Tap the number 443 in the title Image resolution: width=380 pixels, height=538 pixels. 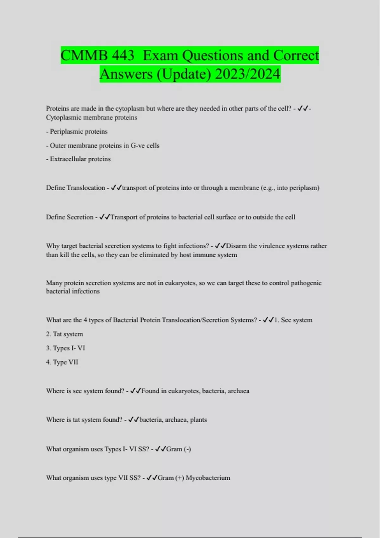123,56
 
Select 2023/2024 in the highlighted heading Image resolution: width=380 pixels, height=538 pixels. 248,74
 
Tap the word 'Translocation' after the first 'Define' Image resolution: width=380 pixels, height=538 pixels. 86,188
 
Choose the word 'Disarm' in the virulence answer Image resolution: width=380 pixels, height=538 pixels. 236,246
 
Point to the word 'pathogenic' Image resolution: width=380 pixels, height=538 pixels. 306,283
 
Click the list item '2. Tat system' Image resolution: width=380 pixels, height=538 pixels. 65,334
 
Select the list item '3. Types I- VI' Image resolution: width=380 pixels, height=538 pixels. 66,348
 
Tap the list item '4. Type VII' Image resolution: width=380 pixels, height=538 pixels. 62,362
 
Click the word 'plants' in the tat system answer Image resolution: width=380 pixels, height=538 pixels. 199,420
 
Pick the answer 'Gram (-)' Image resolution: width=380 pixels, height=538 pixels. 179,449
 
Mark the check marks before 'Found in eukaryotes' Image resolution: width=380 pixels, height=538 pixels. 136,391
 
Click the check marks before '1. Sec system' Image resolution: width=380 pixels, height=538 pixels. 268,320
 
